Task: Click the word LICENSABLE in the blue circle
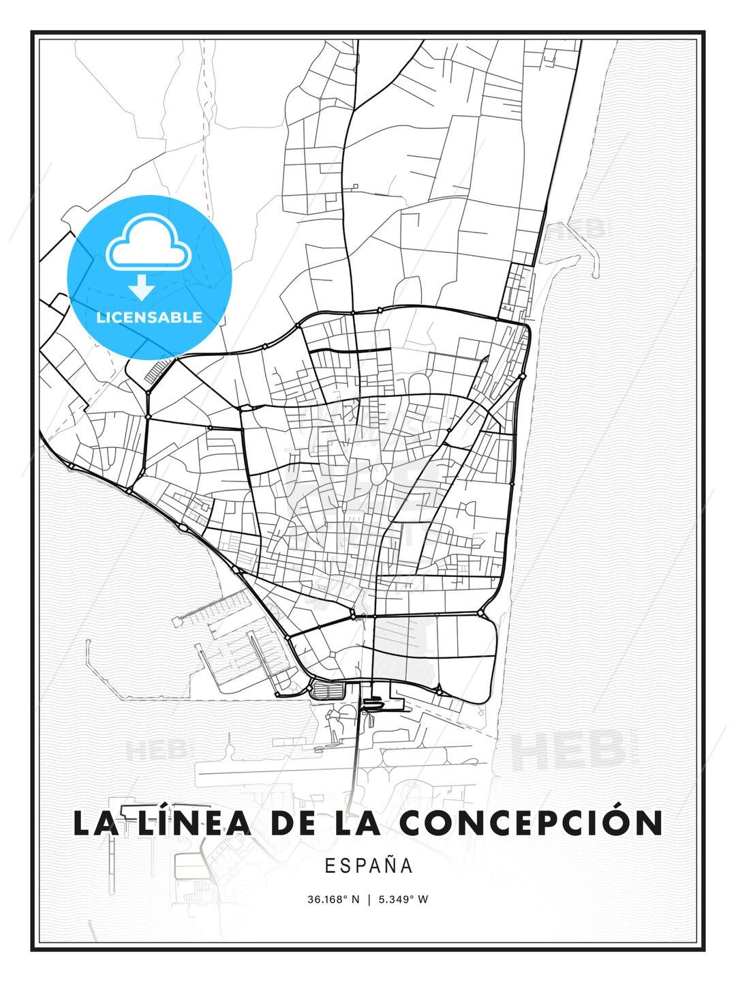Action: [149, 317]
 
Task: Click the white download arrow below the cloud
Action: [142, 288]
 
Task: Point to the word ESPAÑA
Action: [369, 865]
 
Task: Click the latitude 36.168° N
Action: [333, 899]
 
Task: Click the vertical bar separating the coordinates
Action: [369, 899]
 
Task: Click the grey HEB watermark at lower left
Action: [156, 750]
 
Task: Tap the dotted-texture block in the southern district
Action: [402, 648]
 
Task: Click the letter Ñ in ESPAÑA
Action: [389, 865]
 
